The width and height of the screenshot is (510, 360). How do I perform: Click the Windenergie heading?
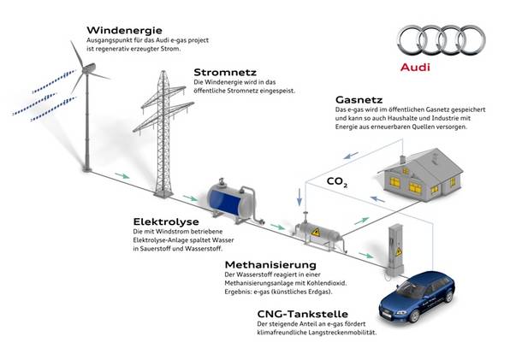click(124, 30)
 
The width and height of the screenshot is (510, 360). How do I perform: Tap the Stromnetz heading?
click(225, 72)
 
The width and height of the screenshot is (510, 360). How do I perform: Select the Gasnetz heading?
click(359, 99)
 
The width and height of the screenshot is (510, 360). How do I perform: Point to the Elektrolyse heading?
click(166, 221)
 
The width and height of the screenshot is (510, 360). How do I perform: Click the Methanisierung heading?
click(270, 265)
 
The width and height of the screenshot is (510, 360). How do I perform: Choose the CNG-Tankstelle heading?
click(302, 314)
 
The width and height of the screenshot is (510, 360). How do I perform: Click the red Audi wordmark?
click(415, 68)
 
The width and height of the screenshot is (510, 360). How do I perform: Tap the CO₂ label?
click(337, 182)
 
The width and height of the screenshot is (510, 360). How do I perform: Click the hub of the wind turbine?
click(87, 68)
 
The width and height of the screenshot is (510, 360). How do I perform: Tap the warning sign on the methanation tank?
click(315, 232)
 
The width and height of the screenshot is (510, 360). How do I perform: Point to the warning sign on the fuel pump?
click(399, 251)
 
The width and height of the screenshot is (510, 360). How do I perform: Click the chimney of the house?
click(403, 159)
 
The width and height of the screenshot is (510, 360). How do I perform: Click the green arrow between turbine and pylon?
click(122, 176)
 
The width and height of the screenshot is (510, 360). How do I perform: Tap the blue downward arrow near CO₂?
click(299, 198)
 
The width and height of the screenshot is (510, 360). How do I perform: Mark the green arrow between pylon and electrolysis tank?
click(190, 198)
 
